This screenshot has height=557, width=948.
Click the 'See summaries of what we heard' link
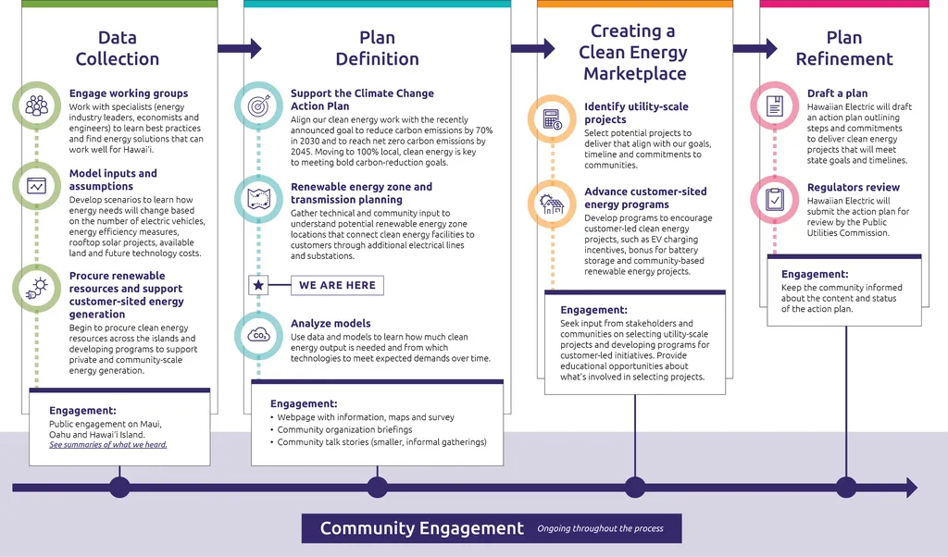pos(108,445)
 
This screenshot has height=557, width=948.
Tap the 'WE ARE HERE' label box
pos(337,285)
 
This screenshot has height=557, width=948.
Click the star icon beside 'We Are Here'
pos(258,285)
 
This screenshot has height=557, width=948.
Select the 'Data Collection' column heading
pos(118,48)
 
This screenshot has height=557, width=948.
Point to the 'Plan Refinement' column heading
pos(844,48)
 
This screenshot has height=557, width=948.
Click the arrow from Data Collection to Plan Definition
pos(240,48)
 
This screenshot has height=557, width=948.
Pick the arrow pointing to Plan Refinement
pos(755,48)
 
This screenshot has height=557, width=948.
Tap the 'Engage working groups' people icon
pos(37,105)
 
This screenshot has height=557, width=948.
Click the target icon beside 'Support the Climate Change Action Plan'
pos(258,105)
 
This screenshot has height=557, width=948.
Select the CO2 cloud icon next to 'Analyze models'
pos(258,335)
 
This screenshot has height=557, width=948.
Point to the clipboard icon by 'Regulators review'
pos(775,199)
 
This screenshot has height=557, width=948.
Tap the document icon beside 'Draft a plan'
pos(775,105)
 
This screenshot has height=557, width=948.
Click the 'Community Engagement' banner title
pos(421,528)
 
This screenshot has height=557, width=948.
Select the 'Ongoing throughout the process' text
pos(600,529)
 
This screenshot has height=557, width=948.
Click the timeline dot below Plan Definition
pos(377,488)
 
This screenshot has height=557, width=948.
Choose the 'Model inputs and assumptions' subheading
pos(113,179)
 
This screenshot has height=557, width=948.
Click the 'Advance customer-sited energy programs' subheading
pos(645,198)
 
